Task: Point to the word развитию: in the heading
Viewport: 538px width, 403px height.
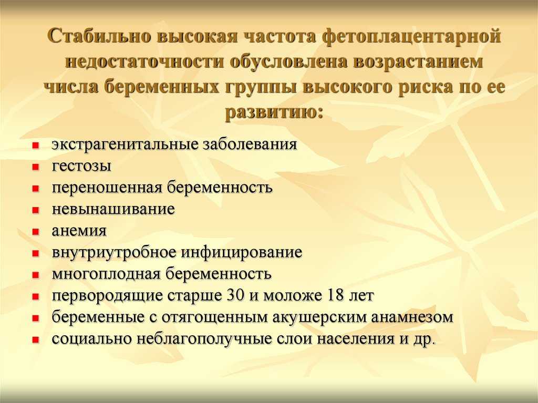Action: click(274, 112)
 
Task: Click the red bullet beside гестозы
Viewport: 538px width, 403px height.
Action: click(35, 167)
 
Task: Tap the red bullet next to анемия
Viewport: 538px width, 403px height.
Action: click(35, 232)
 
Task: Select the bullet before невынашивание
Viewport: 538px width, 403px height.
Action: click(35, 210)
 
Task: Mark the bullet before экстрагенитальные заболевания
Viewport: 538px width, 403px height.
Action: click(35, 146)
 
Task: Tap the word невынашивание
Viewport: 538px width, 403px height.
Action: click(113, 209)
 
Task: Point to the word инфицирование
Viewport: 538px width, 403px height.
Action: click(242, 253)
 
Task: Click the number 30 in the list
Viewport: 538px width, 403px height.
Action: click(235, 295)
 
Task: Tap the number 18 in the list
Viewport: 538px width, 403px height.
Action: click(336, 295)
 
